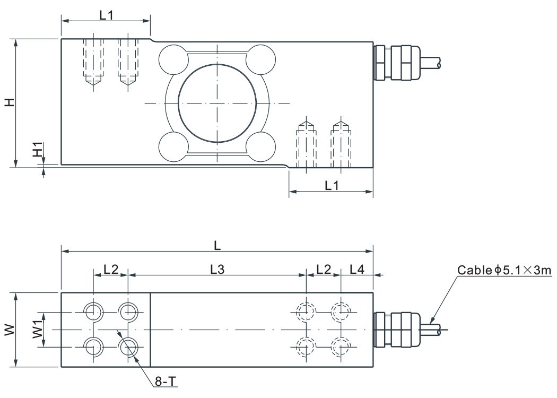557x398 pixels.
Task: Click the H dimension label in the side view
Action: (x=9, y=102)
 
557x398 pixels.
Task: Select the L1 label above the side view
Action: (x=107, y=15)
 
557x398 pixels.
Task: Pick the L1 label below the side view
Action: (x=332, y=185)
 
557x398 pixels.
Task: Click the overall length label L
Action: (x=217, y=246)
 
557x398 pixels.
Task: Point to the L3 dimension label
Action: (x=217, y=269)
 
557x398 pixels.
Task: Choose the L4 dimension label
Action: (x=357, y=269)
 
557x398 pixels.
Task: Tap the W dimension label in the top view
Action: (x=9, y=330)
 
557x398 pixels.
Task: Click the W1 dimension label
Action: (x=37, y=330)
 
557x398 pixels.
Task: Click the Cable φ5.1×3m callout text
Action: (x=504, y=271)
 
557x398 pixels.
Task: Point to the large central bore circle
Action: (x=217, y=102)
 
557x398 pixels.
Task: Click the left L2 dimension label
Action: (x=111, y=269)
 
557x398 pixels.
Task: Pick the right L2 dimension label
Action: (x=324, y=269)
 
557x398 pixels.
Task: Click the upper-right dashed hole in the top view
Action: (x=340, y=312)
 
